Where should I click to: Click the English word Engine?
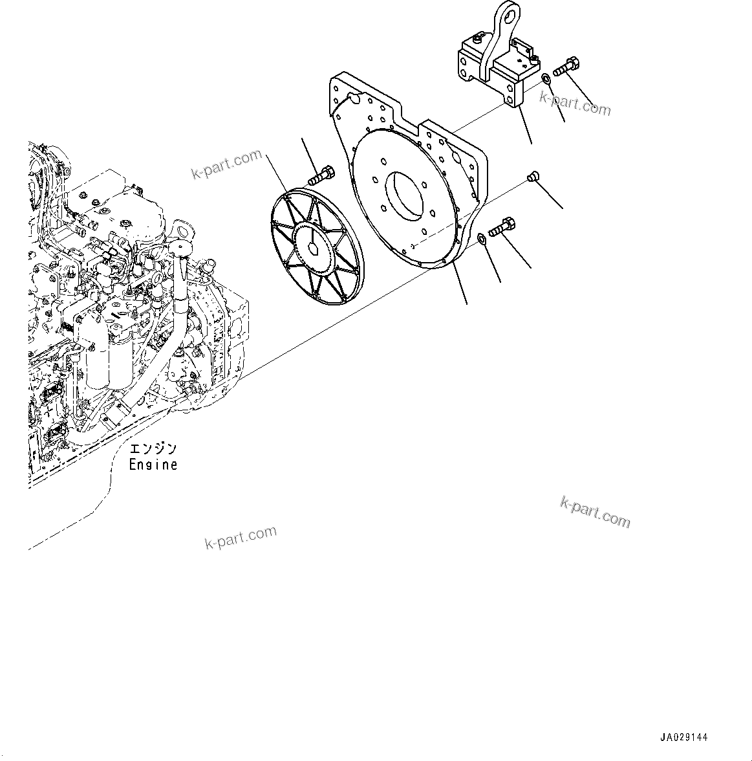pos(153,465)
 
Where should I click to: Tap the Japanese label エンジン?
pos(153,449)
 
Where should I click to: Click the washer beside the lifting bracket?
pos(546,78)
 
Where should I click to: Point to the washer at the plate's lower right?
pos(482,240)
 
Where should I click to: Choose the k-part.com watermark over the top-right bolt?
pos(575,102)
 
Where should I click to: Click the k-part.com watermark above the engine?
pos(226,164)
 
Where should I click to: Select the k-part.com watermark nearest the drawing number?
pos(594,513)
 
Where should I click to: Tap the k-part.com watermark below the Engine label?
pos(241,537)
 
